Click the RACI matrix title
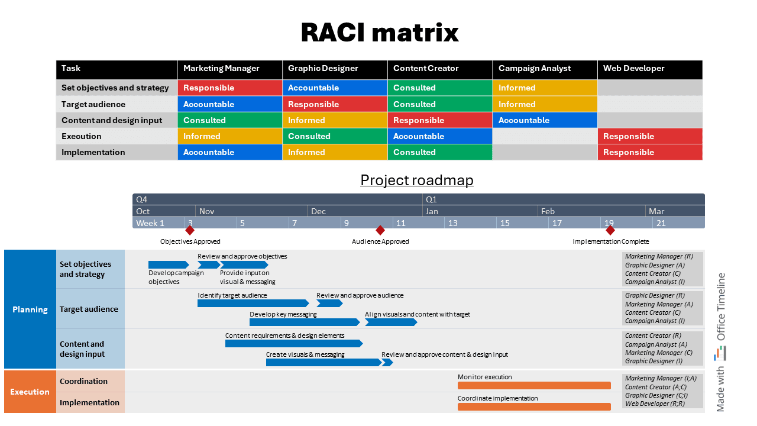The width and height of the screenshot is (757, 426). coord(379,32)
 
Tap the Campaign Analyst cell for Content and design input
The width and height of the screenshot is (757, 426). coord(545,120)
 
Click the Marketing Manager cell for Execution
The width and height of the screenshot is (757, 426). coord(229,136)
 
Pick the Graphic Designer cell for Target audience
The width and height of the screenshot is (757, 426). coord(335,104)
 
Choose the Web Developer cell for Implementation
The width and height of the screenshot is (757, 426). coord(649,152)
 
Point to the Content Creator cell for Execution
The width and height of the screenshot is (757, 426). coord(439,136)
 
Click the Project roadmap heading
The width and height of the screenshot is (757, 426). coord(417,180)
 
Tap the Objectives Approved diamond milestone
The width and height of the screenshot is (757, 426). coord(190,230)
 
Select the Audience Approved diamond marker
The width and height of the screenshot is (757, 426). coord(380,230)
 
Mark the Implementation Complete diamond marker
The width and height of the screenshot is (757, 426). coord(610,230)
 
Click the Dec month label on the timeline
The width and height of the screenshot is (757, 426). coord(318,211)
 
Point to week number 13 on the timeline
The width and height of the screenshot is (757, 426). coord(452,223)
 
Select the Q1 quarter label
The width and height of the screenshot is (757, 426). coord(431,199)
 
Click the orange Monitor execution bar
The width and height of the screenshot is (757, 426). coord(534,386)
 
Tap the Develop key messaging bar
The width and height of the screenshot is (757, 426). coord(304,322)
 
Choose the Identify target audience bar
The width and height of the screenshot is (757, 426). coord(253,304)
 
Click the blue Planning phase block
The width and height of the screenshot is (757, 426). coord(30,309)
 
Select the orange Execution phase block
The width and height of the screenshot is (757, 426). coord(30,392)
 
